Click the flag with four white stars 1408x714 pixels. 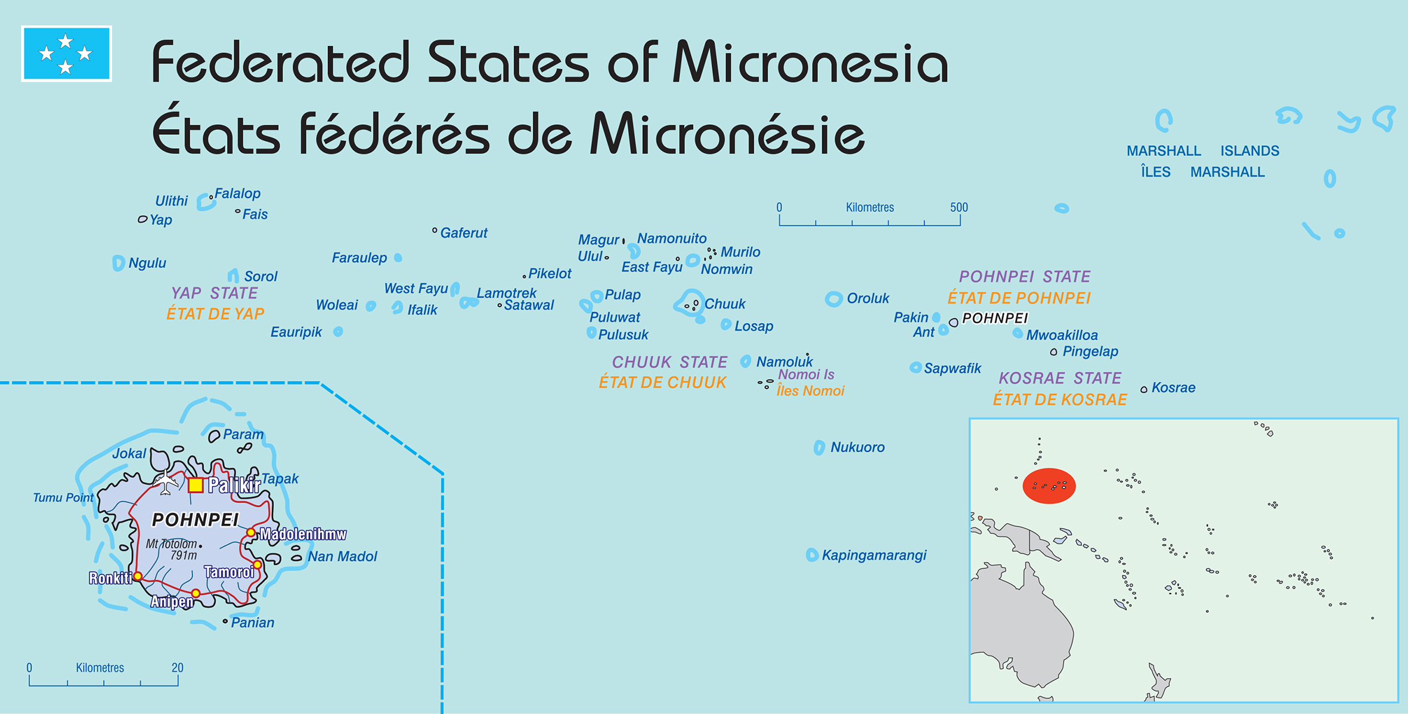click(x=66, y=54)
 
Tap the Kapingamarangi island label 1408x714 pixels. click(x=873, y=555)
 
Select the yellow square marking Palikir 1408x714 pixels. click(x=196, y=485)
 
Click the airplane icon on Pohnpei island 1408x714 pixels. click(x=166, y=481)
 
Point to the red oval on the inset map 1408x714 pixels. click(x=1049, y=486)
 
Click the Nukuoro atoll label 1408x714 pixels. click(x=857, y=447)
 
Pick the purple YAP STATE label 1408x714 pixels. click(x=214, y=293)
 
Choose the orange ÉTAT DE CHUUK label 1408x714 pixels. click(x=662, y=382)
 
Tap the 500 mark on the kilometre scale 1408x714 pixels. click(x=959, y=208)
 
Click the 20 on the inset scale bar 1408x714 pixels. click(x=177, y=667)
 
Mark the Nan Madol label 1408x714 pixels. click(x=342, y=557)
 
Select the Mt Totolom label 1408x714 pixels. click(x=171, y=544)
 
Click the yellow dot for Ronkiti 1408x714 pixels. click(x=138, y=576)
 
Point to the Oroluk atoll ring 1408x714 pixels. click(x=833, y=299)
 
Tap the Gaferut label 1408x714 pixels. click(x=463, y=233)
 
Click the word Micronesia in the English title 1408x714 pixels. click(x=810, y=63)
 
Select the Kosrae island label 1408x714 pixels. click(x=1173, y=388)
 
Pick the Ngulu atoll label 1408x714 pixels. click(x=147, y=263)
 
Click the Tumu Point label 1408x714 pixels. click(x=63, y=497)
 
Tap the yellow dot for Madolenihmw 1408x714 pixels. click(x=251, y=533)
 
